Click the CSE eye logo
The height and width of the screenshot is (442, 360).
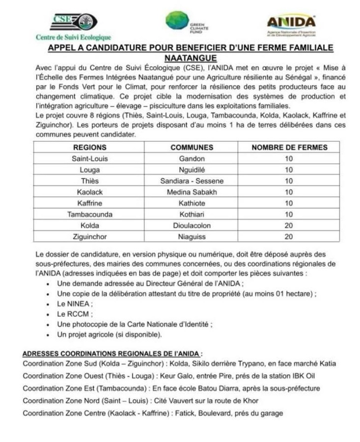pos(74,22)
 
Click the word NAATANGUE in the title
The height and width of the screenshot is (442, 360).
pos(191,57)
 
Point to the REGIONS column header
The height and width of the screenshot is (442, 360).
pos(90,147)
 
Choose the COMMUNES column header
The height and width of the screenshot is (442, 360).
pos(192,147)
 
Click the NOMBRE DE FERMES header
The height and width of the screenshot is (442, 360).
pos(289,147)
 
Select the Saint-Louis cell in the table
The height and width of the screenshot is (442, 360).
pos(90,159)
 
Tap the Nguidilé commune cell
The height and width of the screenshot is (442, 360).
pos(192,170)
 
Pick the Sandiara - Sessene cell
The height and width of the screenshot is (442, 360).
pos(192,181)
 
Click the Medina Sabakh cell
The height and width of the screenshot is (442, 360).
pos(192,192)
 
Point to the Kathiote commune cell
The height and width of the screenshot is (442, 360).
pos(192,203)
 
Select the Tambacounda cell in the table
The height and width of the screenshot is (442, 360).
pos(90,214)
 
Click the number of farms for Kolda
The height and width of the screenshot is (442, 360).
pos(289,225)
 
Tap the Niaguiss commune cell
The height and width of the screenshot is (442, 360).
pos(192,237)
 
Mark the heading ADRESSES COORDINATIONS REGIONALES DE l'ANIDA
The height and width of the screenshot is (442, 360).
pos(113,354)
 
